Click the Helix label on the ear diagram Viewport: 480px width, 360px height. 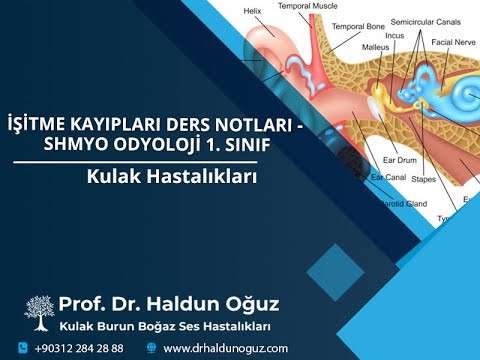pyautogui.click(x=268, y=12)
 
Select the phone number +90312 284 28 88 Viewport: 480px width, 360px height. pyautogui.click(x=79, y=347)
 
